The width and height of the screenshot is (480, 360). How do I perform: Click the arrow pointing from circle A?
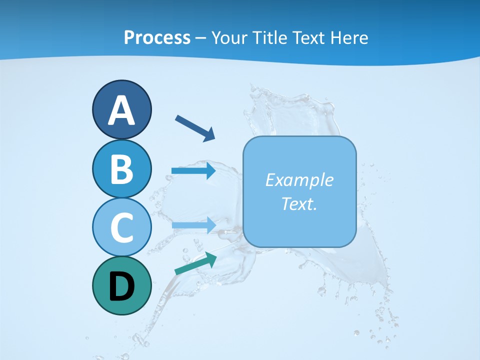pos(195,128)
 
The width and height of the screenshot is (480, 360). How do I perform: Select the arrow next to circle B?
pos(193,171)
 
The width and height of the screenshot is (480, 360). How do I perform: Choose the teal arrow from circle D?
pos(195,263)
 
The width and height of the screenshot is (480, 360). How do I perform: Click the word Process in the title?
pos(157,37)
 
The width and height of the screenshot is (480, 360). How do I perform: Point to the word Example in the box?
pos(299,180)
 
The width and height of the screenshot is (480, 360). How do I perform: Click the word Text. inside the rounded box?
pos(299,203)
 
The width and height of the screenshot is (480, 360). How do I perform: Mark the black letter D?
pos(121,286)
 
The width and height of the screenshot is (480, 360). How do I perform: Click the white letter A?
pos(121,110)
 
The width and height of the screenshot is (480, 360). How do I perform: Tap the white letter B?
pos(121,169)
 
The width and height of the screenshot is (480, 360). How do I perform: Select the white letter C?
pos(121,227)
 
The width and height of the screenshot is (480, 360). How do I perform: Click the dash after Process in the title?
pos(201,38)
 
